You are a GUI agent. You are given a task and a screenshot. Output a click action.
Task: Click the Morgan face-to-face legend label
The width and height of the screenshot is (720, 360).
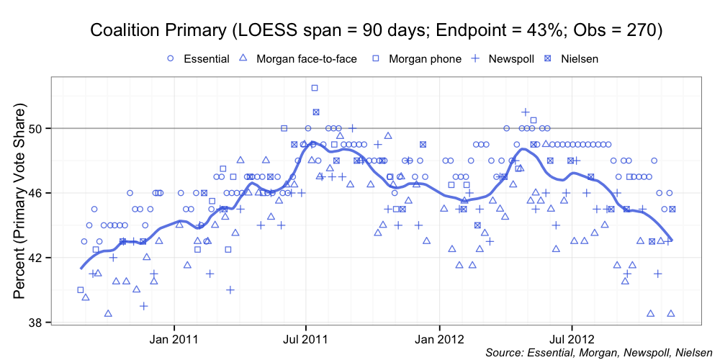click(306, 58)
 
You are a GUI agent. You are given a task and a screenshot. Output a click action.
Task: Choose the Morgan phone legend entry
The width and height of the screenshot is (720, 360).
click(425, 58)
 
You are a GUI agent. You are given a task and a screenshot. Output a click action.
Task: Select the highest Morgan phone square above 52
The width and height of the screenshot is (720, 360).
click(315, 88)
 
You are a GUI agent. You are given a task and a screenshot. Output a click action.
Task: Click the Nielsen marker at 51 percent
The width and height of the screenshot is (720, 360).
click(316, 112)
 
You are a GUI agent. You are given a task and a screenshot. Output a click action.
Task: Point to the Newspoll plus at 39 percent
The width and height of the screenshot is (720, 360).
click(144, 306)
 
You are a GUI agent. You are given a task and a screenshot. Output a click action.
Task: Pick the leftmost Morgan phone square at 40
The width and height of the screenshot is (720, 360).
click(81, 290)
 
